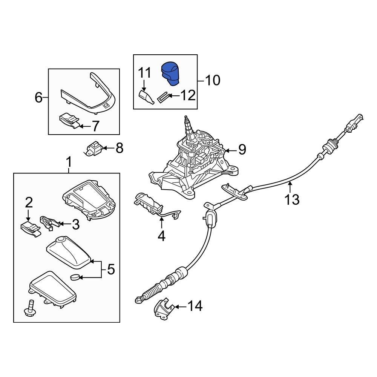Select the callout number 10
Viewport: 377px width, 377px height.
212,80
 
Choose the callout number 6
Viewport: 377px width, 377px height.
39,98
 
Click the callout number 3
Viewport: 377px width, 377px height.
75,225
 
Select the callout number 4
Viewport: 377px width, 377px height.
161,236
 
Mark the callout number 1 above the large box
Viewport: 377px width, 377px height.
69,162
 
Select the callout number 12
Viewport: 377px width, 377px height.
187,96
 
